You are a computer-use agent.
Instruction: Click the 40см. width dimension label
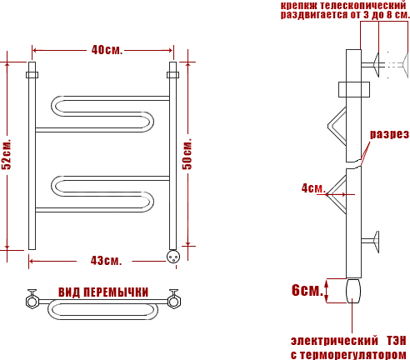[x=107, y=50]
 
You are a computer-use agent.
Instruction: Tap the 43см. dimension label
[x=107, y=261]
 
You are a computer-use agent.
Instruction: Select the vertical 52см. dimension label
[x=7, y=154]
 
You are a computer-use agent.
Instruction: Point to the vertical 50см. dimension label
[x=187, y=153]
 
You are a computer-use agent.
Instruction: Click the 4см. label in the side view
[x=313, y=188]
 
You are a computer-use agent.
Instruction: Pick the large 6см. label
[x=307, y=290]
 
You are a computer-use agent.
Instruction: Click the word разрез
[x=389, y=134]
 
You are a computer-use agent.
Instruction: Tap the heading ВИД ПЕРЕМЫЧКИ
[x=103, y=292]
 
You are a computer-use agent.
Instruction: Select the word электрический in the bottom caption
[x=334, y=341]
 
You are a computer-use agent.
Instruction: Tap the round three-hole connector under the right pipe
[x=173, y=257]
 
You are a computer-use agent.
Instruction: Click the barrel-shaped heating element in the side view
[x=353, y=291]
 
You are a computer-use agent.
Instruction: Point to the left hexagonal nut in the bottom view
[x=32, y=302]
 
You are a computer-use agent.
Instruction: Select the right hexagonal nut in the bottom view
[x=174, y=302]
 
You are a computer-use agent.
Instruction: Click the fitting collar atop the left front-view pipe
[x=32, y=75]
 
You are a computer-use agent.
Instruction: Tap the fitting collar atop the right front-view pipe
[x=172, y=75]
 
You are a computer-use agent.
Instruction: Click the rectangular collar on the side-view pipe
[x=354, y=89]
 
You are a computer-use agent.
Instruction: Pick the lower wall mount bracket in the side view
[x=371, y=242]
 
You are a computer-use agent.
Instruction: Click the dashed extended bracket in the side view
[x=397, y=65]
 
